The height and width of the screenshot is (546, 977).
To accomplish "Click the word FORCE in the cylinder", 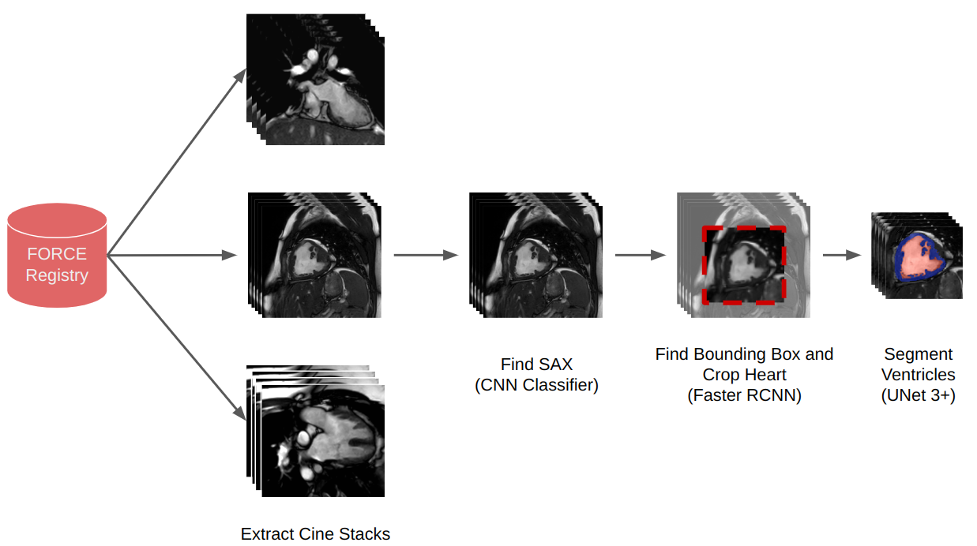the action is tap(57, 254).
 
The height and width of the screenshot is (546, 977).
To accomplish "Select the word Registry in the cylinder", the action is tap(57, 275).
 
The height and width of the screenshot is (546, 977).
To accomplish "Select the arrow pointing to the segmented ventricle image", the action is tap(840, 255).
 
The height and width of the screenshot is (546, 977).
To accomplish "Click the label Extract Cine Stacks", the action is tap(315, 534).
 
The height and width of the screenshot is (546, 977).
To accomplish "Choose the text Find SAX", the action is tap(536, 365).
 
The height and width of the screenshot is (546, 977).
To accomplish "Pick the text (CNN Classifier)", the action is tap(536, 386).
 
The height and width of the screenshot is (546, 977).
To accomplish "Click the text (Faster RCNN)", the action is tap(744, 396).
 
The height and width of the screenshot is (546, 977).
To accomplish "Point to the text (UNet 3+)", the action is tap(918, 396).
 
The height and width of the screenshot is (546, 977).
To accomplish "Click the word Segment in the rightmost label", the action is tap(918, 354).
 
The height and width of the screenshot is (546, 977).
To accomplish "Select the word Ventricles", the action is tap(918, 375).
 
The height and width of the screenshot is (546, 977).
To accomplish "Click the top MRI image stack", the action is tap(316, 79).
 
